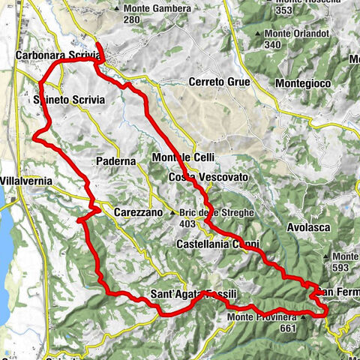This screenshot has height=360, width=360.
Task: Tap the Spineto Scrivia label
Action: point(68,99)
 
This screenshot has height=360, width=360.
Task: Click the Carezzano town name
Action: point(138,213)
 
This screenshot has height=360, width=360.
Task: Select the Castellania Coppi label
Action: point(217,244)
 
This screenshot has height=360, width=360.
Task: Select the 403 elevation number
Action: point(187,223)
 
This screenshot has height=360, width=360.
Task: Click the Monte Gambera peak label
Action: point(151,8)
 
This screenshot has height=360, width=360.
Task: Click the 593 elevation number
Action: point(342,268)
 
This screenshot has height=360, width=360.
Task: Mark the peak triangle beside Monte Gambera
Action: point(118,8)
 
